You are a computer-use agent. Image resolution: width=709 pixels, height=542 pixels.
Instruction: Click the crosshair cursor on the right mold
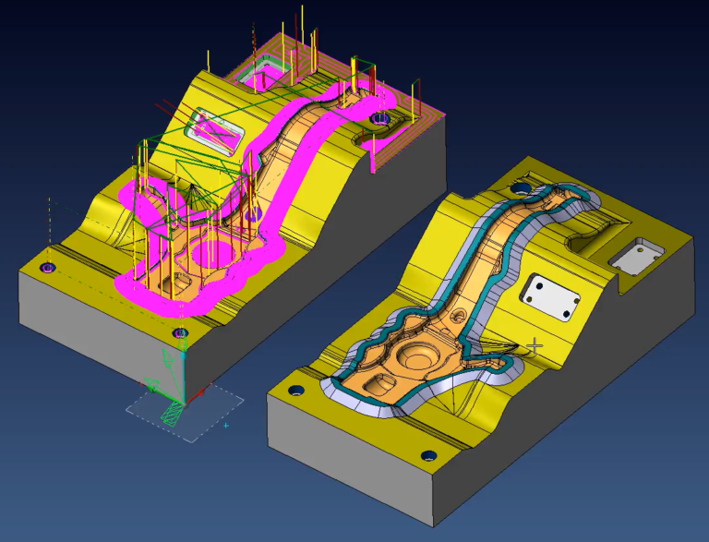pyautogui.click(x=534, y=345)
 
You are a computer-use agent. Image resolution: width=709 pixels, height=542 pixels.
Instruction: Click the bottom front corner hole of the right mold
pyautogui.click(x=427, y=455)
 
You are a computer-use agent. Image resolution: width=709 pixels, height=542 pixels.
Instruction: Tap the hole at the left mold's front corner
pyautogui.click(x=180, y=332)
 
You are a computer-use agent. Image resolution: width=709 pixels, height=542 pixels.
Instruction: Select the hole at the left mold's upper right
pyautogui.click(x=380, y=120)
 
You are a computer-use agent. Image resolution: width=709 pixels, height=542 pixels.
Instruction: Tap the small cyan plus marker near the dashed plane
pyautogui.click(x=225, y=426)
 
